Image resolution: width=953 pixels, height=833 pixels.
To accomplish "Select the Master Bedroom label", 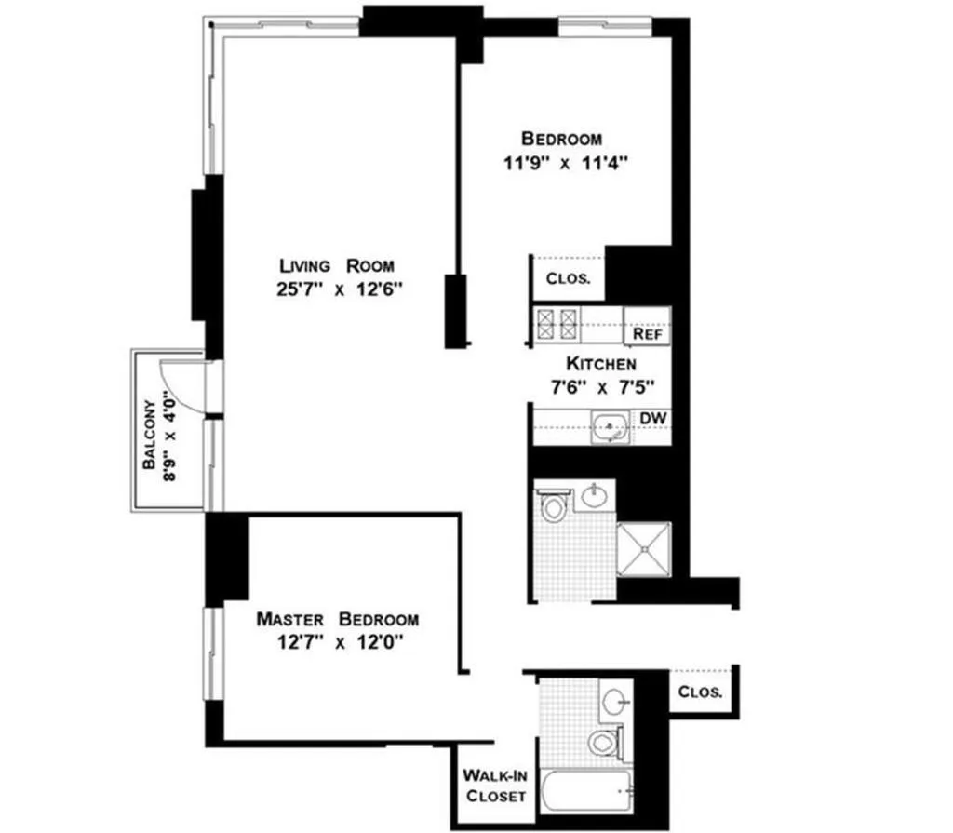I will coord(337,619).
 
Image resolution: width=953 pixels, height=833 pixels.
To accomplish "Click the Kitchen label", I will coord(601,363).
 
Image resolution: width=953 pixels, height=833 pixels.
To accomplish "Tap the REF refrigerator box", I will coord(647,333).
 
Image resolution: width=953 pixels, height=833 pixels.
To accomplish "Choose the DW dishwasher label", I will coord(651,419).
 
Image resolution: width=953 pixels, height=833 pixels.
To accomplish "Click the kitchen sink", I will coord(610,427).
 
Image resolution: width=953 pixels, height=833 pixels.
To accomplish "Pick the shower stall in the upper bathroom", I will coord(643,549).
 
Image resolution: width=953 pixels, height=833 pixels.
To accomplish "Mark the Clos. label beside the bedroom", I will coord(568,278).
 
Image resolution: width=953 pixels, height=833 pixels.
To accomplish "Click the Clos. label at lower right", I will coord(700,692).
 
